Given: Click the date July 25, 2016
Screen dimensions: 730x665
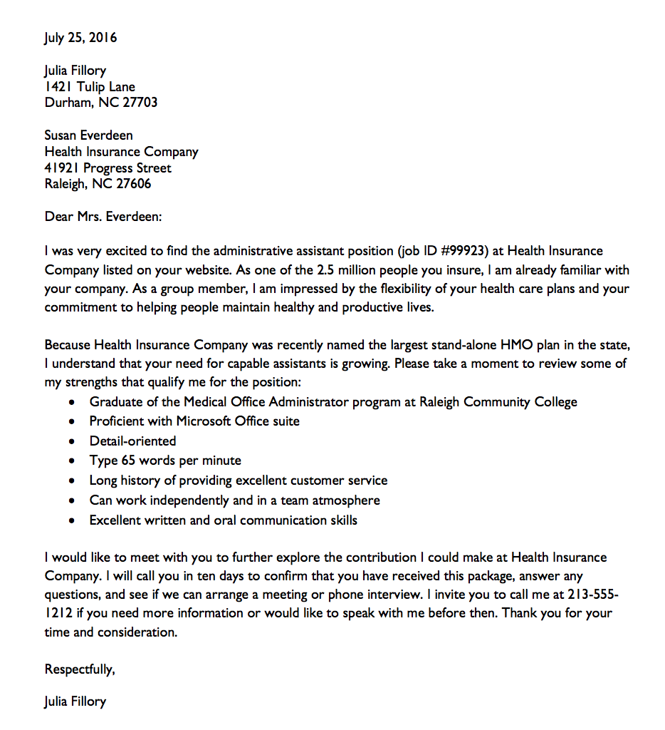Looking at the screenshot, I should tap(80, 38).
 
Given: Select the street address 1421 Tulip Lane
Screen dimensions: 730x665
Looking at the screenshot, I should tap(90, 87).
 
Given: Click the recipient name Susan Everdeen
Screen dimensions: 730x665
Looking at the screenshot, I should tap(88, 135).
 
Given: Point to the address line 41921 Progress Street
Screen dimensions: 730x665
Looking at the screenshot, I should tap(108, 168).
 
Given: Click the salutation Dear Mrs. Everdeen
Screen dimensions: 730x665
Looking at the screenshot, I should tap(103, 216).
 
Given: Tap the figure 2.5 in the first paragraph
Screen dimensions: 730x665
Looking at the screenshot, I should tap(325, 271).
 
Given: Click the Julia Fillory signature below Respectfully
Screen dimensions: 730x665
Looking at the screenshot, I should tap(75, 701).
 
